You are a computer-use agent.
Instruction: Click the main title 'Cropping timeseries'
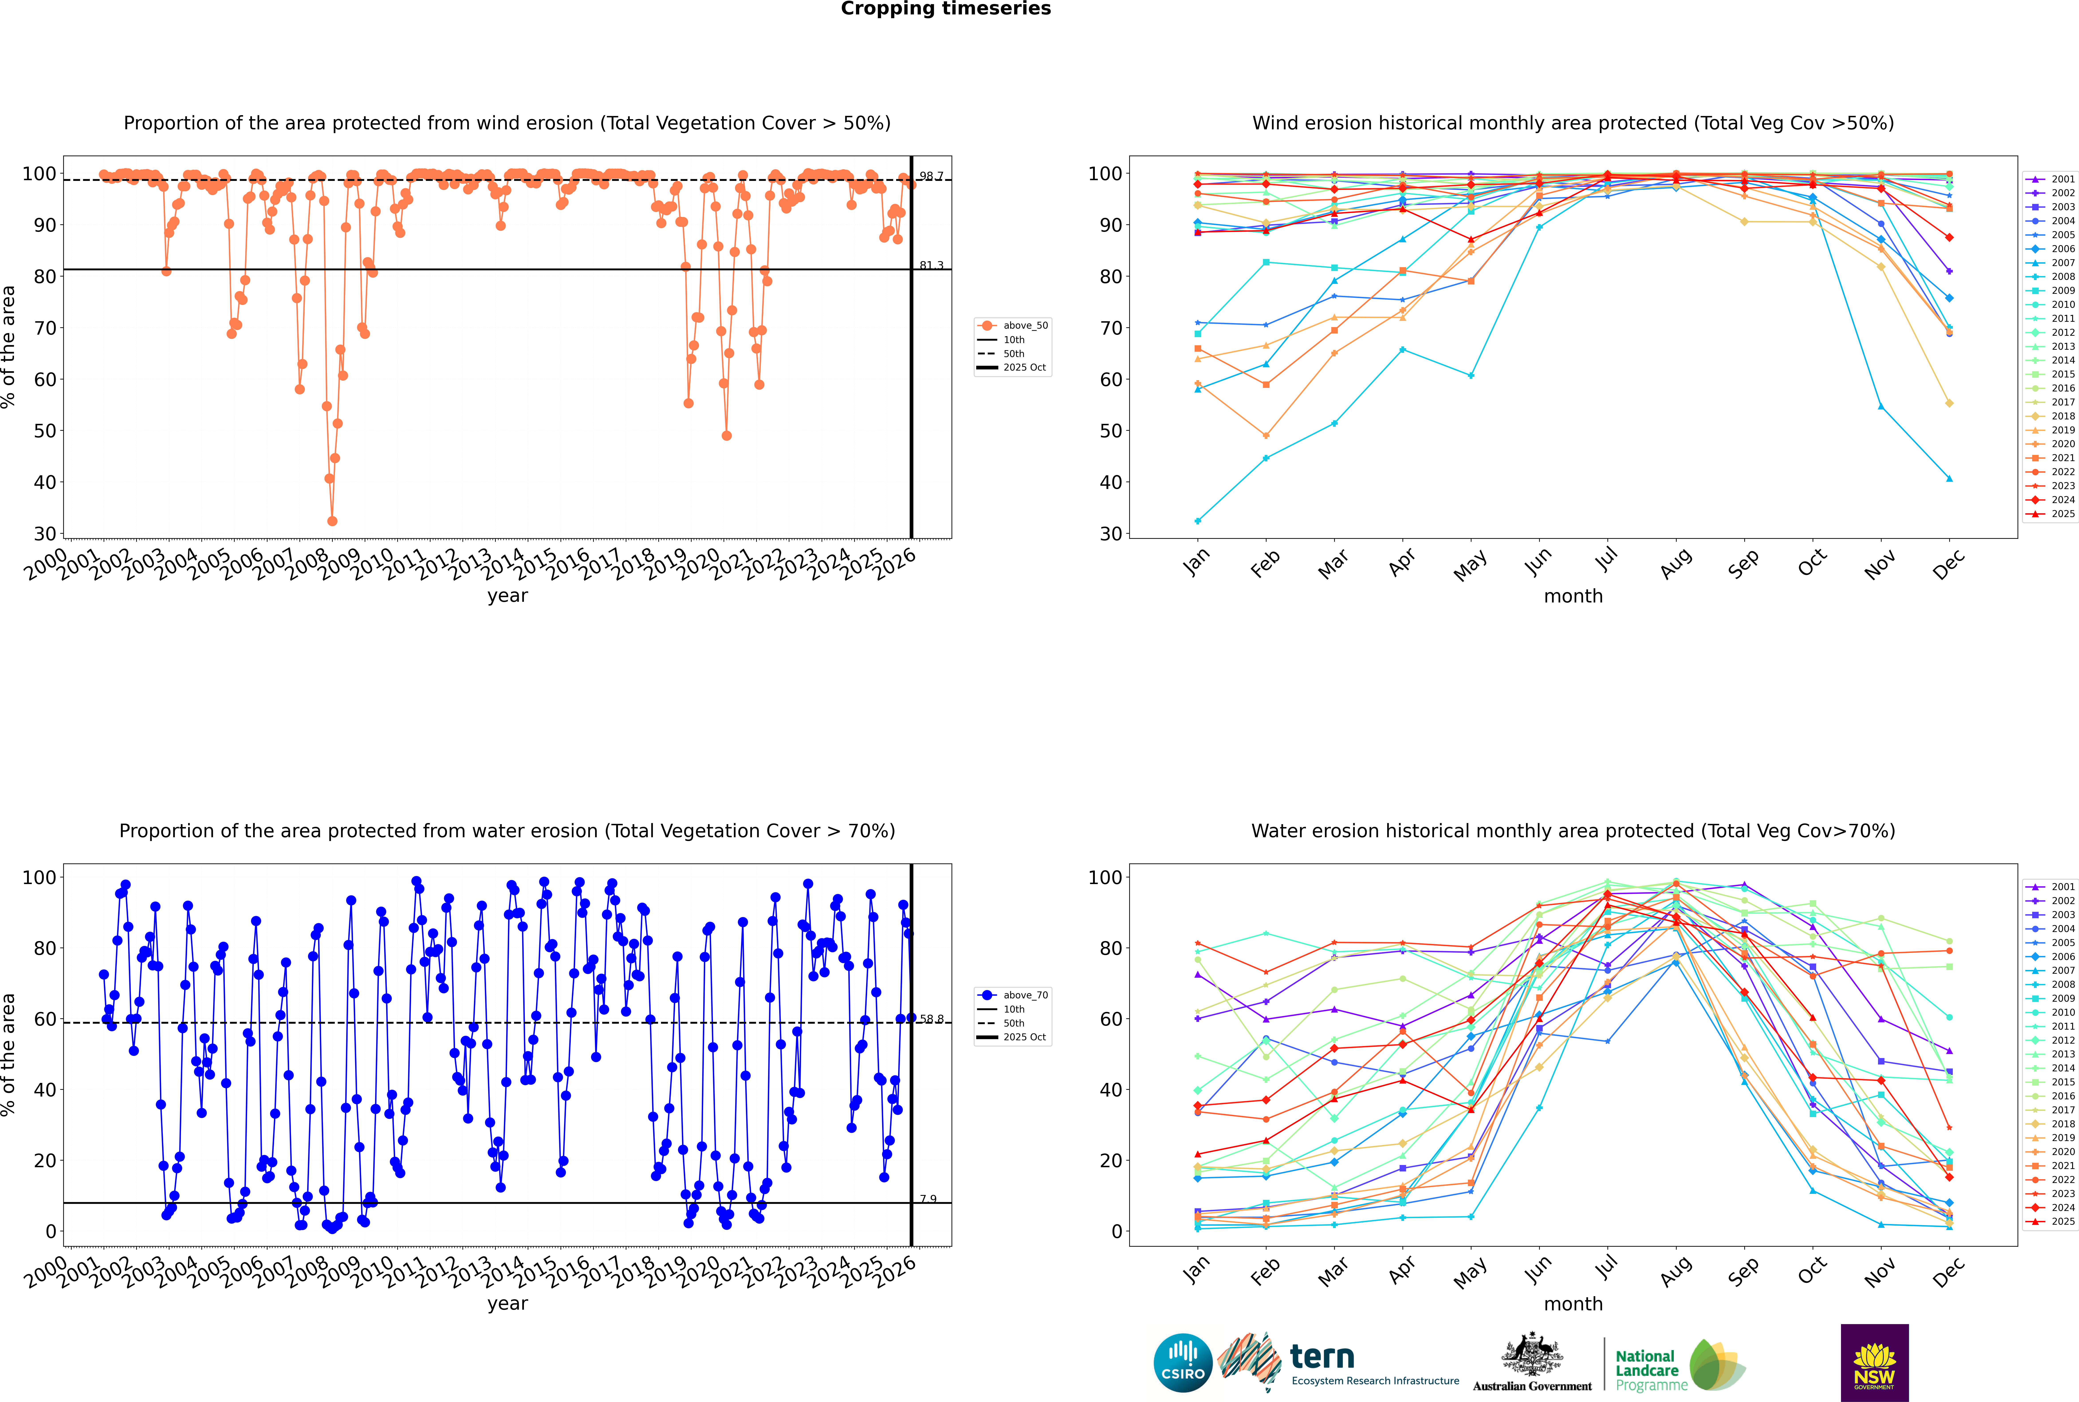click(x=946, y=9)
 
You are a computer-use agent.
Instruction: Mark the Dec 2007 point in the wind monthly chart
click(x=1949, y=478)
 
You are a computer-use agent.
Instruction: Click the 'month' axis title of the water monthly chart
click(x=1573, y=1304)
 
